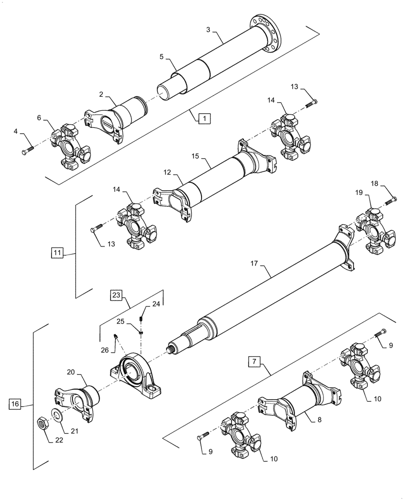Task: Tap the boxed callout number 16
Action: click(x=15, y=404)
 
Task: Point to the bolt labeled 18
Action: click(x=390, y=202)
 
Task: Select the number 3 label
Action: click(x=208, y=30)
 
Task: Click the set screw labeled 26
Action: click(x=115, y=336)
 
